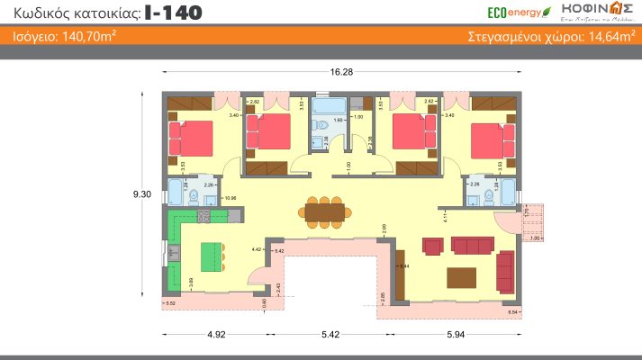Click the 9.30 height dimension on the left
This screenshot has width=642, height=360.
[x=140, y=193]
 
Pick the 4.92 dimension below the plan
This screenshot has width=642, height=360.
[x=215, y=334]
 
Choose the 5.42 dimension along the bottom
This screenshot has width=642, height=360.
[x=330, y=334]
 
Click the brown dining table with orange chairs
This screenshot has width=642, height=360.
[x=325, y=211]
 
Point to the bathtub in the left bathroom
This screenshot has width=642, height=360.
[x=174, y=193]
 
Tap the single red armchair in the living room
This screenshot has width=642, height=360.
[x=432, y=246]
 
